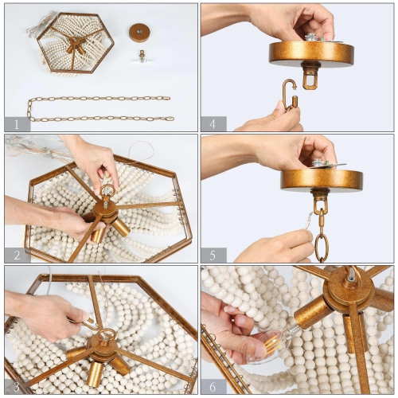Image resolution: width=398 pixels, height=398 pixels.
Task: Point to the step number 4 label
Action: pos(213,123)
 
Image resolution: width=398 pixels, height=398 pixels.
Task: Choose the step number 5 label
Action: pos(213,255)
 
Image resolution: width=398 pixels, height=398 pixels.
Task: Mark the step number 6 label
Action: pos(213,386)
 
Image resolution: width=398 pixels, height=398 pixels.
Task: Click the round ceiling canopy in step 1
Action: pos(141,32)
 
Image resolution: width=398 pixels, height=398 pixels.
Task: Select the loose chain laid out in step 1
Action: pos(99,109)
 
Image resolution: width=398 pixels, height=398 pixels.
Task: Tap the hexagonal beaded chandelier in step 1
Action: pos(76,42)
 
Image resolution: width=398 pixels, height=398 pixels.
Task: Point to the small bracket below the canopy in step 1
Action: pos(142,57)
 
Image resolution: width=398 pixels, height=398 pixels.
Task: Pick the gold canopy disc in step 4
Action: pos(311,53)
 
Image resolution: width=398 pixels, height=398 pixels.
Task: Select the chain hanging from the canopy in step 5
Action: pos(321,231)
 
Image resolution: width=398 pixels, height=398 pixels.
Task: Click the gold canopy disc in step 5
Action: pos(322,179)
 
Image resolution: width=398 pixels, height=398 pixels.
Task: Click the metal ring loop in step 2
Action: pos(107,191)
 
